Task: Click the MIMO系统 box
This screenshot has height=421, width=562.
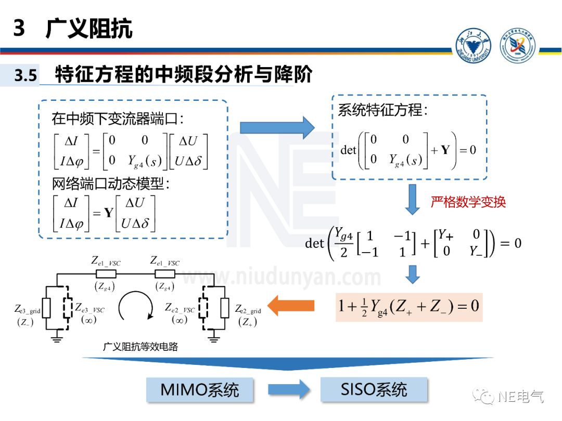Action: pos(200,390)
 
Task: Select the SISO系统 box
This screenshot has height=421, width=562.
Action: pos(374,389)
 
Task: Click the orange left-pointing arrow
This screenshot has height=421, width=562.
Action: pos(291,305)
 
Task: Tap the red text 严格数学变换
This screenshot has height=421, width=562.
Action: pos(468,202)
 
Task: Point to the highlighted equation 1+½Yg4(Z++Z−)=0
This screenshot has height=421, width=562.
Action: pos(408,306)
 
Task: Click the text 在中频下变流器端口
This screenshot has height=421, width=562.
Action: pos(117,119)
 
